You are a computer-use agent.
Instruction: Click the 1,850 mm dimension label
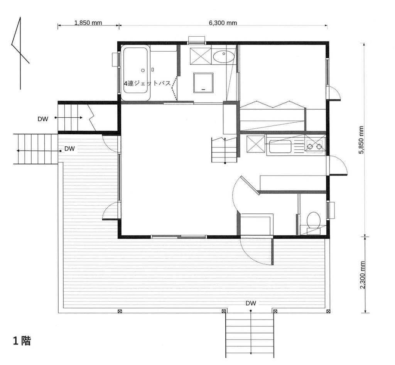click(88, 22)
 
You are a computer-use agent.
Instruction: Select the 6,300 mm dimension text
click(223, 22)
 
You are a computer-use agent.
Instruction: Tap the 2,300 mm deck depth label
click(361, 275)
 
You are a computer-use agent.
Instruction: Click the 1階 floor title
click(22, 341)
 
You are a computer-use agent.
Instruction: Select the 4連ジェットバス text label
click(147, 83)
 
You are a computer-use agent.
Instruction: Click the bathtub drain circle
click(143, 71)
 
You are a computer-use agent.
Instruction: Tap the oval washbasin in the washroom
click(223, 57)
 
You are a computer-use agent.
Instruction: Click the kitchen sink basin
click(280, 147)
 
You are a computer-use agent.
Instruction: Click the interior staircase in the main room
click(224, 150)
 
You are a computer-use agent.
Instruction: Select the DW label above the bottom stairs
click(251, 303)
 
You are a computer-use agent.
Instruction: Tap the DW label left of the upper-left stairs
click(43, 119)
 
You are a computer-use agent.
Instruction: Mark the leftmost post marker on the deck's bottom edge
click(120, 311)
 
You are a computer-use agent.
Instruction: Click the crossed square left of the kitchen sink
click(255, 144)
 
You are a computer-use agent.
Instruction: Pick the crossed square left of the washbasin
click(201, 56)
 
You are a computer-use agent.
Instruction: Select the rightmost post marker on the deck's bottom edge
click(327, 311)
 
